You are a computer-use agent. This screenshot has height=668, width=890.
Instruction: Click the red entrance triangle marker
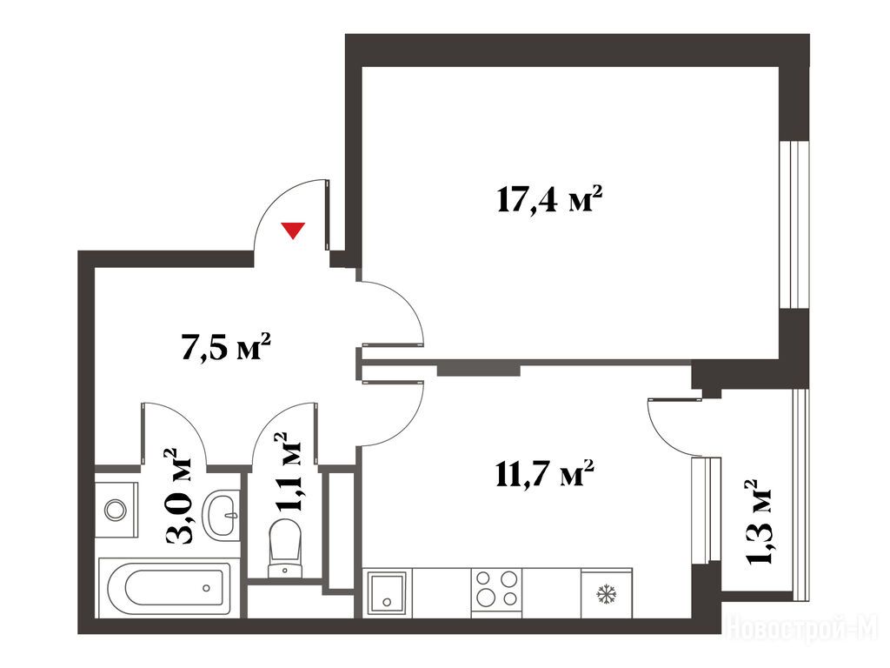click(x=294, y=230)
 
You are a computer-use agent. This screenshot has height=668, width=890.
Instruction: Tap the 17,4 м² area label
click(x=549, y=199)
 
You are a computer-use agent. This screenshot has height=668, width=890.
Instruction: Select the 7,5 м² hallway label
click(x=225, y=346)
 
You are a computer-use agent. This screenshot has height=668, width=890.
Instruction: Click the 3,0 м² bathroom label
click(x=178, y=497)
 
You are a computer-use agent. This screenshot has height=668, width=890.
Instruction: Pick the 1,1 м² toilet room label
click(x=289, y=472)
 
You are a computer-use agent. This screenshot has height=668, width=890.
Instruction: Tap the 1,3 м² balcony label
click(x=758, y=522)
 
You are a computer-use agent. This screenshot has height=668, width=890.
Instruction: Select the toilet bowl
click(x=285, y=548)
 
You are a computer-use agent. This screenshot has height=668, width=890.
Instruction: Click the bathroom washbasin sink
click(x=222, y=513)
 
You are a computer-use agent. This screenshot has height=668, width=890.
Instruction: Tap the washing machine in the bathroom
click(x=116, y=510)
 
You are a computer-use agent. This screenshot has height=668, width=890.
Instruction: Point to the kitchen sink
click(x=387, y=593)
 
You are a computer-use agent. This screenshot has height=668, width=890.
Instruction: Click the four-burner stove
click(x=496, y=593)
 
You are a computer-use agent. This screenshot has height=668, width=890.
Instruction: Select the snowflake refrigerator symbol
click(x=606, y=594)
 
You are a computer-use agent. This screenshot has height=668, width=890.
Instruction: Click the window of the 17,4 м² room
click(x=794, y=224)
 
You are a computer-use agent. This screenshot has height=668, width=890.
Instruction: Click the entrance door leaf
click(x=328, y=215)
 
